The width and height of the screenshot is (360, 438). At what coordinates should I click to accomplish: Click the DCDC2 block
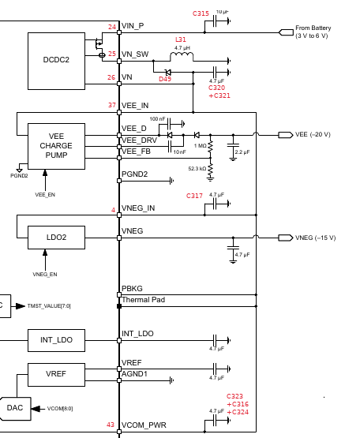coord(57,61)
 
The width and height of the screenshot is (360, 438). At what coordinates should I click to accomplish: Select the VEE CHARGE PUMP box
coord(57,146)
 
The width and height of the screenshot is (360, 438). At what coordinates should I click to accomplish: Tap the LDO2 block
coord(57,238)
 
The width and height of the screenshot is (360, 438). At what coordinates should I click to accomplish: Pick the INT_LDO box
coord(57,340)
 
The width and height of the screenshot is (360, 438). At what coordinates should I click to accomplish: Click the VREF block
coord(57,375)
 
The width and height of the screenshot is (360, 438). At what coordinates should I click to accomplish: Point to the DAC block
coord(15,408)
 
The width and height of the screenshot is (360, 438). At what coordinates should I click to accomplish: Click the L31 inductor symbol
coord(182,56)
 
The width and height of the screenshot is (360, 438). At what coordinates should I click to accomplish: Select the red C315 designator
coord(201,13)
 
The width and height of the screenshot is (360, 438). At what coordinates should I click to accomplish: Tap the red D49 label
coord(165,79)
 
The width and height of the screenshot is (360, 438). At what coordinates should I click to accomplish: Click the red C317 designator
coord(194,196)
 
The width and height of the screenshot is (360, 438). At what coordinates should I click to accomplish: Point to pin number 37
coord(112,105)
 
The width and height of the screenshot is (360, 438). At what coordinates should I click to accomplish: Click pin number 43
coord(111,425)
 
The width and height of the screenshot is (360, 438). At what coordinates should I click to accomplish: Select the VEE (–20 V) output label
coord(313,135)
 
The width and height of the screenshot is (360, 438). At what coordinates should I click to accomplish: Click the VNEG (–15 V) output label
coord(315,238)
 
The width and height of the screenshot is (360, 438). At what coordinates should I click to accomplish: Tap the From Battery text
coord(313,28)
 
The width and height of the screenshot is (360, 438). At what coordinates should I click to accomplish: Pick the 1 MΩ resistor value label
coord(200,146)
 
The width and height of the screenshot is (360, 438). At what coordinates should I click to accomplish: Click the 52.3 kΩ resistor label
coord(197,169)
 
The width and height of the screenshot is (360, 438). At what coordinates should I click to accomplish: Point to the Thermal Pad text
coord(144,300)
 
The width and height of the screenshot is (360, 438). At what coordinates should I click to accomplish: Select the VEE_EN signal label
coord(45,195)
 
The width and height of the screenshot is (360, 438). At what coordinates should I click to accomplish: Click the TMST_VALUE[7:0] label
coord(49,306)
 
